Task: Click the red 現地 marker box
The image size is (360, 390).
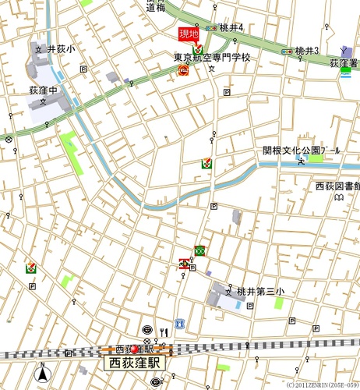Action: [189, 34]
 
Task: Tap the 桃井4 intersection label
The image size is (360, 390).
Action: [231, 28]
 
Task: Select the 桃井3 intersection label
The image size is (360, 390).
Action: [307, 51]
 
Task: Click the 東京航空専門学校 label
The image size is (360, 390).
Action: [212, 57]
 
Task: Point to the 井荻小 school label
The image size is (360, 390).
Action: [61, 48]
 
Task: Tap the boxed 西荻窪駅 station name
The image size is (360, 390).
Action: [134, 363]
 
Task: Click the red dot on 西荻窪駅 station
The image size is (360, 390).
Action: [134, 349]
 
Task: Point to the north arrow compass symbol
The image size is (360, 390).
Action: [43, 375]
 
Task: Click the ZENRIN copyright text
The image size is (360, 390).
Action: [322, 385]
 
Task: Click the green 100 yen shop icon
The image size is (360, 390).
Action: [200, 250]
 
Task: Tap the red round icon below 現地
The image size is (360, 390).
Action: [184, 70]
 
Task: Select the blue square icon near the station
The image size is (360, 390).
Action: [179, 323]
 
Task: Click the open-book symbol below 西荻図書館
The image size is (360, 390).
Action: [338, 199]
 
